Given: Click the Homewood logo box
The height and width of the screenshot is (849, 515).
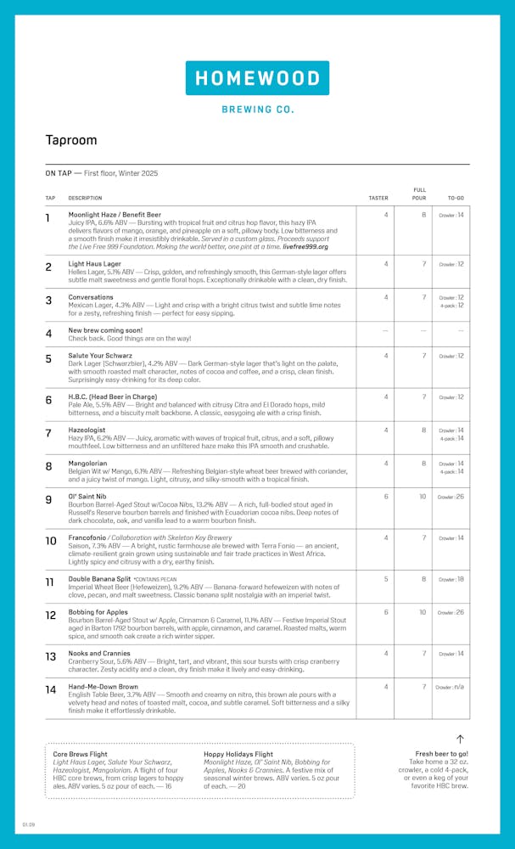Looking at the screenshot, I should [257, 78].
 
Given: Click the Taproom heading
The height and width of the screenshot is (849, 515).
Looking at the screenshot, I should [71, 140].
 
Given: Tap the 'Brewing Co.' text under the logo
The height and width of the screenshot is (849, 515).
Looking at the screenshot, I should [257, 110].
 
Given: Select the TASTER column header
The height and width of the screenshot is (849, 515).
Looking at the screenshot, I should [378, 198].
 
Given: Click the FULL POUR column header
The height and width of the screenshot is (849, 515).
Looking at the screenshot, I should [419, 194].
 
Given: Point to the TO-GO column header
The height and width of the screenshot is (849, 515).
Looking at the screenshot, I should [456, 198].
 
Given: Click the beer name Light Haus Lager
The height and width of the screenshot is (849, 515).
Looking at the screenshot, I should [95, 264].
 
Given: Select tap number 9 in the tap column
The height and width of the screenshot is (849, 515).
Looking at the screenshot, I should [48, 500].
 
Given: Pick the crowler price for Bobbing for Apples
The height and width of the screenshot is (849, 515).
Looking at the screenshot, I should [451, 612].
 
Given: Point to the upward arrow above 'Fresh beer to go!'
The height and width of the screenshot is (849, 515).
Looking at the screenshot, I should [460, 739].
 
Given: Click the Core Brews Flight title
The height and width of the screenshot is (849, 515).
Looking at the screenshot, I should [81, 754].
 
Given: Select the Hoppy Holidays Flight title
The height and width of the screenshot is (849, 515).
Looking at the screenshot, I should [238, 754].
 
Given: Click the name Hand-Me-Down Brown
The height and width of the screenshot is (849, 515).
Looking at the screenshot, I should [104, 686].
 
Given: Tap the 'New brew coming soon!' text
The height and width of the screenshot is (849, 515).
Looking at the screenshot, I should [105, 330].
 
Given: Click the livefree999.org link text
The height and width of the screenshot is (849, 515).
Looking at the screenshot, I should [306, 246].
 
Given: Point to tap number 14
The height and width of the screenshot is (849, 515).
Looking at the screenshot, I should [51, 689].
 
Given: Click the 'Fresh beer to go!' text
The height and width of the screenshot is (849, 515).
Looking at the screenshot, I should [441, 754].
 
